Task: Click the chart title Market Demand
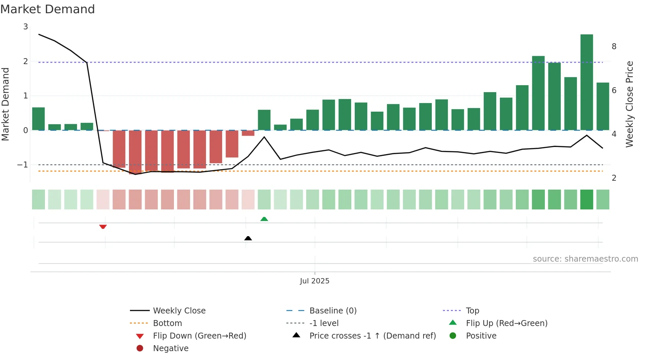(48, 9)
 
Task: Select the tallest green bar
(587, 82)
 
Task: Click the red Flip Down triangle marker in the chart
(103, 227)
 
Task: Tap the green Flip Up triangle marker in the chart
(264, 219)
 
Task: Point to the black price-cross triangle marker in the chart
(248, 238)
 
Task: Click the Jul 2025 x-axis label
(314, 281)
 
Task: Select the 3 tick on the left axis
(25, 27)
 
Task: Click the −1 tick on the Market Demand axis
(23, 164)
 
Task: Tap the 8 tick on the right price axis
(614, 47)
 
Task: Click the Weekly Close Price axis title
(629, 104)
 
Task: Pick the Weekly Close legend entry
(179, 310)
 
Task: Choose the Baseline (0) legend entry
(333, 310)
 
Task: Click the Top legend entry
(472, 310)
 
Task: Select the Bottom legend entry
(167, 323)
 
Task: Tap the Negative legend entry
(171, 348)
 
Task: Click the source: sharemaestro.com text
(585, 259)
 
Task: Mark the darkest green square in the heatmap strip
(587, 200)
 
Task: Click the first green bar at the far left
(38, 119)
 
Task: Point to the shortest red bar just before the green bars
(248, 133)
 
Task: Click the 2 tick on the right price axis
(614, 178)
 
